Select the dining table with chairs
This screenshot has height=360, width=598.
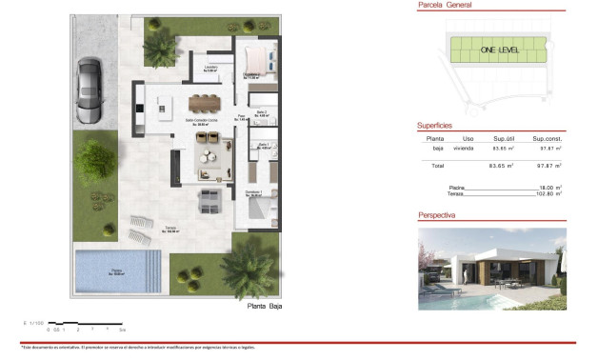204,102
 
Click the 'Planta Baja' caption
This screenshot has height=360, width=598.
264,307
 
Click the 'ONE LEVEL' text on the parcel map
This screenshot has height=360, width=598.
498,49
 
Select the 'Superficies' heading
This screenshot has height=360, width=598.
434,126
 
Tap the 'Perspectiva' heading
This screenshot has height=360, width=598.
437,216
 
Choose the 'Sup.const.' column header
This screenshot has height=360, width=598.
545,139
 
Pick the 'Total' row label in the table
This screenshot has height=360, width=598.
437,166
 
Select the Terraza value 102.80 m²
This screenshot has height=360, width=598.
545,194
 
